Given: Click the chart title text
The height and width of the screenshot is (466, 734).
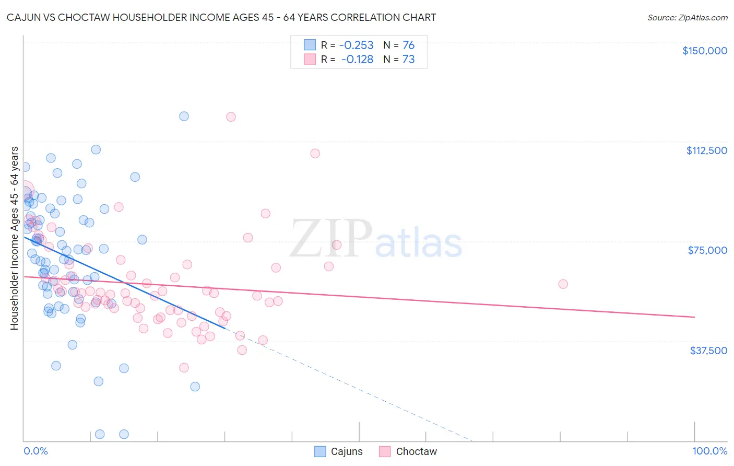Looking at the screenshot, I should click(222, 17).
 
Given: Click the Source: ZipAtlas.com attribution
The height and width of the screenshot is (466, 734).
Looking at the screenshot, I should click(687, 17).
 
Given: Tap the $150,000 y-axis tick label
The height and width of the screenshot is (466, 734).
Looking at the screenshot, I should click(704, 51).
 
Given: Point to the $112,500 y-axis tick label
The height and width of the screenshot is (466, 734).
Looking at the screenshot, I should click(706, 150).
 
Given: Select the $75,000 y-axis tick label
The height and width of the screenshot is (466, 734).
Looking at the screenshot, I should click(707, 250).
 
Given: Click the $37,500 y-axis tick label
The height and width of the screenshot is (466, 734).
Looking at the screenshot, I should click(708, 351).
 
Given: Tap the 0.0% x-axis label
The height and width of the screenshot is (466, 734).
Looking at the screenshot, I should click(35, 451).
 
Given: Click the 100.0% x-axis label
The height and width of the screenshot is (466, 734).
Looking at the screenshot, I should click(709, 451).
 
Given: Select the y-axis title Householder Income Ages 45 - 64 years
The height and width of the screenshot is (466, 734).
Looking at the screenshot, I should click(15, 238).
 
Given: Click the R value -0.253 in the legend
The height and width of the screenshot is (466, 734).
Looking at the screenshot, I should click(357, 45).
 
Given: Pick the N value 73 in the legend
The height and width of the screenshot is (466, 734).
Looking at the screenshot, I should click(408, 60).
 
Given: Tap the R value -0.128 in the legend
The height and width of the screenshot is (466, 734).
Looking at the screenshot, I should click(357, 60).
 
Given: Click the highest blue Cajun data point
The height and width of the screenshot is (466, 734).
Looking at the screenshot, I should click(184, 116).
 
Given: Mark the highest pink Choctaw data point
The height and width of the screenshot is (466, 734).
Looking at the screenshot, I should click(231, 117).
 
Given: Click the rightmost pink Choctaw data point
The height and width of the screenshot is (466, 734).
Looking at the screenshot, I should click(563, 284).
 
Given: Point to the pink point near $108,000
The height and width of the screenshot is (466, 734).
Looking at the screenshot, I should click(315, 154).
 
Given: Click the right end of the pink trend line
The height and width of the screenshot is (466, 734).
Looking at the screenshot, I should click(694, 317).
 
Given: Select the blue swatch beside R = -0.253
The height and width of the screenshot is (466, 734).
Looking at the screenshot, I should click(310, 45).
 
